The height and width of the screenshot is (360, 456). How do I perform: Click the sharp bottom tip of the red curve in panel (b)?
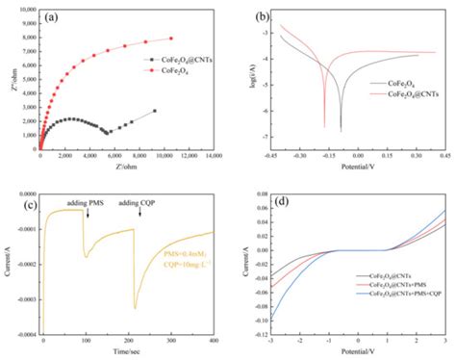(324, 126)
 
